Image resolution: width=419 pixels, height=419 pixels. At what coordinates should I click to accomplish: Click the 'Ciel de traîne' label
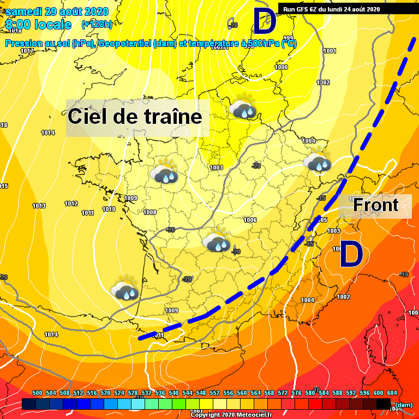[135, 117]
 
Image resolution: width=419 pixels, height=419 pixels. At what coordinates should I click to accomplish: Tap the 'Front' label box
[375, 205]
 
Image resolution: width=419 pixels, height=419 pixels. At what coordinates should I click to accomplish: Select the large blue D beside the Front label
[351, 255]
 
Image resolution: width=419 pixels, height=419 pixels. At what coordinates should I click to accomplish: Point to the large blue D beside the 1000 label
[265, 22]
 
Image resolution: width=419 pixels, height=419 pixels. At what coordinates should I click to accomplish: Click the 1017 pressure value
[27, 51]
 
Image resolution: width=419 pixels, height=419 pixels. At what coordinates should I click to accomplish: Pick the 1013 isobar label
[39, 206]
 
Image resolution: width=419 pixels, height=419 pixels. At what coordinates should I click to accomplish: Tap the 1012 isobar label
[71, 203]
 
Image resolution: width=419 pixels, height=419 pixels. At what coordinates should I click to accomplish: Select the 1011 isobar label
[88, 213]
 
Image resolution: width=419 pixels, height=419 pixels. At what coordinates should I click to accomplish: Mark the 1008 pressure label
[149, 212]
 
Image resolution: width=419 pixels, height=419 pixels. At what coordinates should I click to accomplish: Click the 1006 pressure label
[250, 220]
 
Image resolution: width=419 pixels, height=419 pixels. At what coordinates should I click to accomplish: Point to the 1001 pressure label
[330, 51]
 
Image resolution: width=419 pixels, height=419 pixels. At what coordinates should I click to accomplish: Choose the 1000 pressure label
[281, 67]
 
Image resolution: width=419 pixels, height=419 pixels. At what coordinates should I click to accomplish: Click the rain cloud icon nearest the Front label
[318, 161]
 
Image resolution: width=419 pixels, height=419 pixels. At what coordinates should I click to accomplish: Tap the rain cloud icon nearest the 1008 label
[164, 172]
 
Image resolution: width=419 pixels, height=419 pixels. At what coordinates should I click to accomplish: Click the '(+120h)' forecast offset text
[97, 24]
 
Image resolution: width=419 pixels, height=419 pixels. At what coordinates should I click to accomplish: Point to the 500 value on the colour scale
[38, 393]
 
